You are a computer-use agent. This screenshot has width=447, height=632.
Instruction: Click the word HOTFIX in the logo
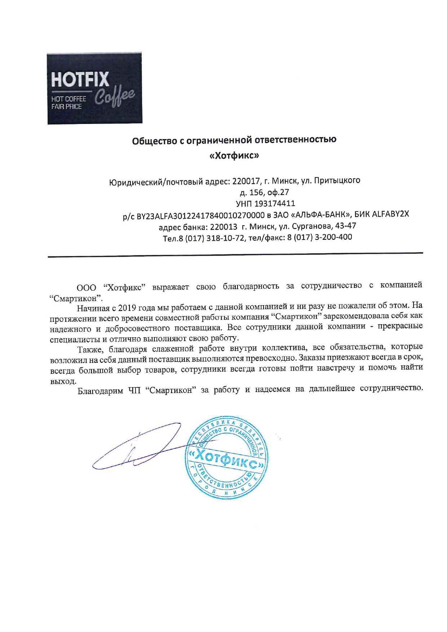(x=80, y=80)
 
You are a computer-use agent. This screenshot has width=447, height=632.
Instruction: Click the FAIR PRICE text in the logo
(x=67, y=107)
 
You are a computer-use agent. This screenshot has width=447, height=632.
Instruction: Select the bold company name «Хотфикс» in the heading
(x=234, y=155)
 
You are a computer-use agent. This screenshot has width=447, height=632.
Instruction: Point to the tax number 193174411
(x=275, y=204)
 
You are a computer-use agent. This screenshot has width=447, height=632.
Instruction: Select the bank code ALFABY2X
(x=391, y=213)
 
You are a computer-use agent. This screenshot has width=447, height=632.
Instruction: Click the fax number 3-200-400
(x=333, y=237)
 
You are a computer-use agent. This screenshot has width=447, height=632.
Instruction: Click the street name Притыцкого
(x=337, y=180)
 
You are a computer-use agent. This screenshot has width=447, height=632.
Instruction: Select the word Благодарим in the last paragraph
(x=100, y=391)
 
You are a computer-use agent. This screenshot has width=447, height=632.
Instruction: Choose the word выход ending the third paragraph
(x=63, y=381)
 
